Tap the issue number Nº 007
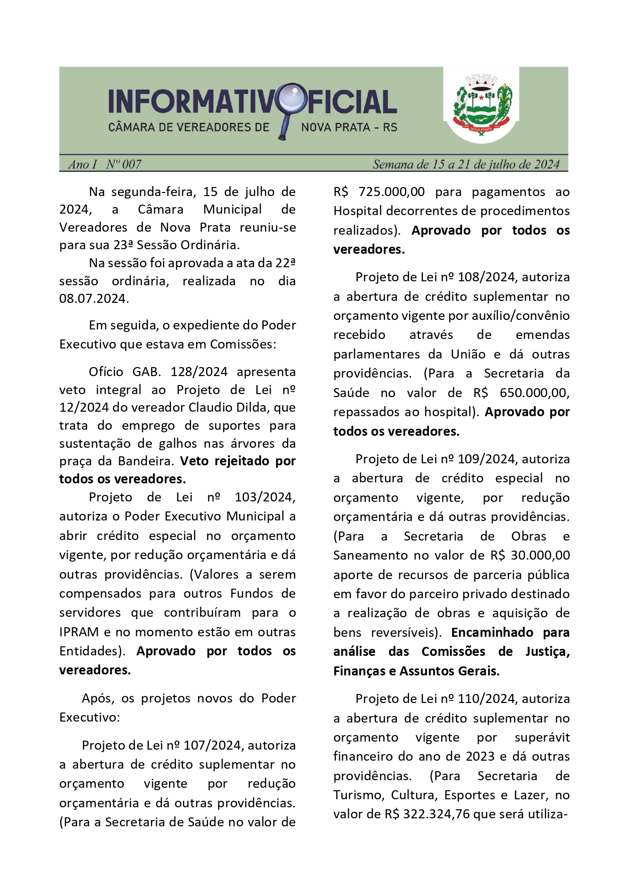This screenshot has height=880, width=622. pos(123,164)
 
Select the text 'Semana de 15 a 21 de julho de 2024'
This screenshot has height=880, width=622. pos(466,164)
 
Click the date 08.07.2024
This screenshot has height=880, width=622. pos(93,299)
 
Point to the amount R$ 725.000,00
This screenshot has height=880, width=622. pos(379,192)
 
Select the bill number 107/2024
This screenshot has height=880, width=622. pos(213,745)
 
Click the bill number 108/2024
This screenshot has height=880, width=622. pos(487,277)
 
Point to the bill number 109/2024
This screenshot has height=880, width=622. pos(487,459)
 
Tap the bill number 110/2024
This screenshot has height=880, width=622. pos(487,698)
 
